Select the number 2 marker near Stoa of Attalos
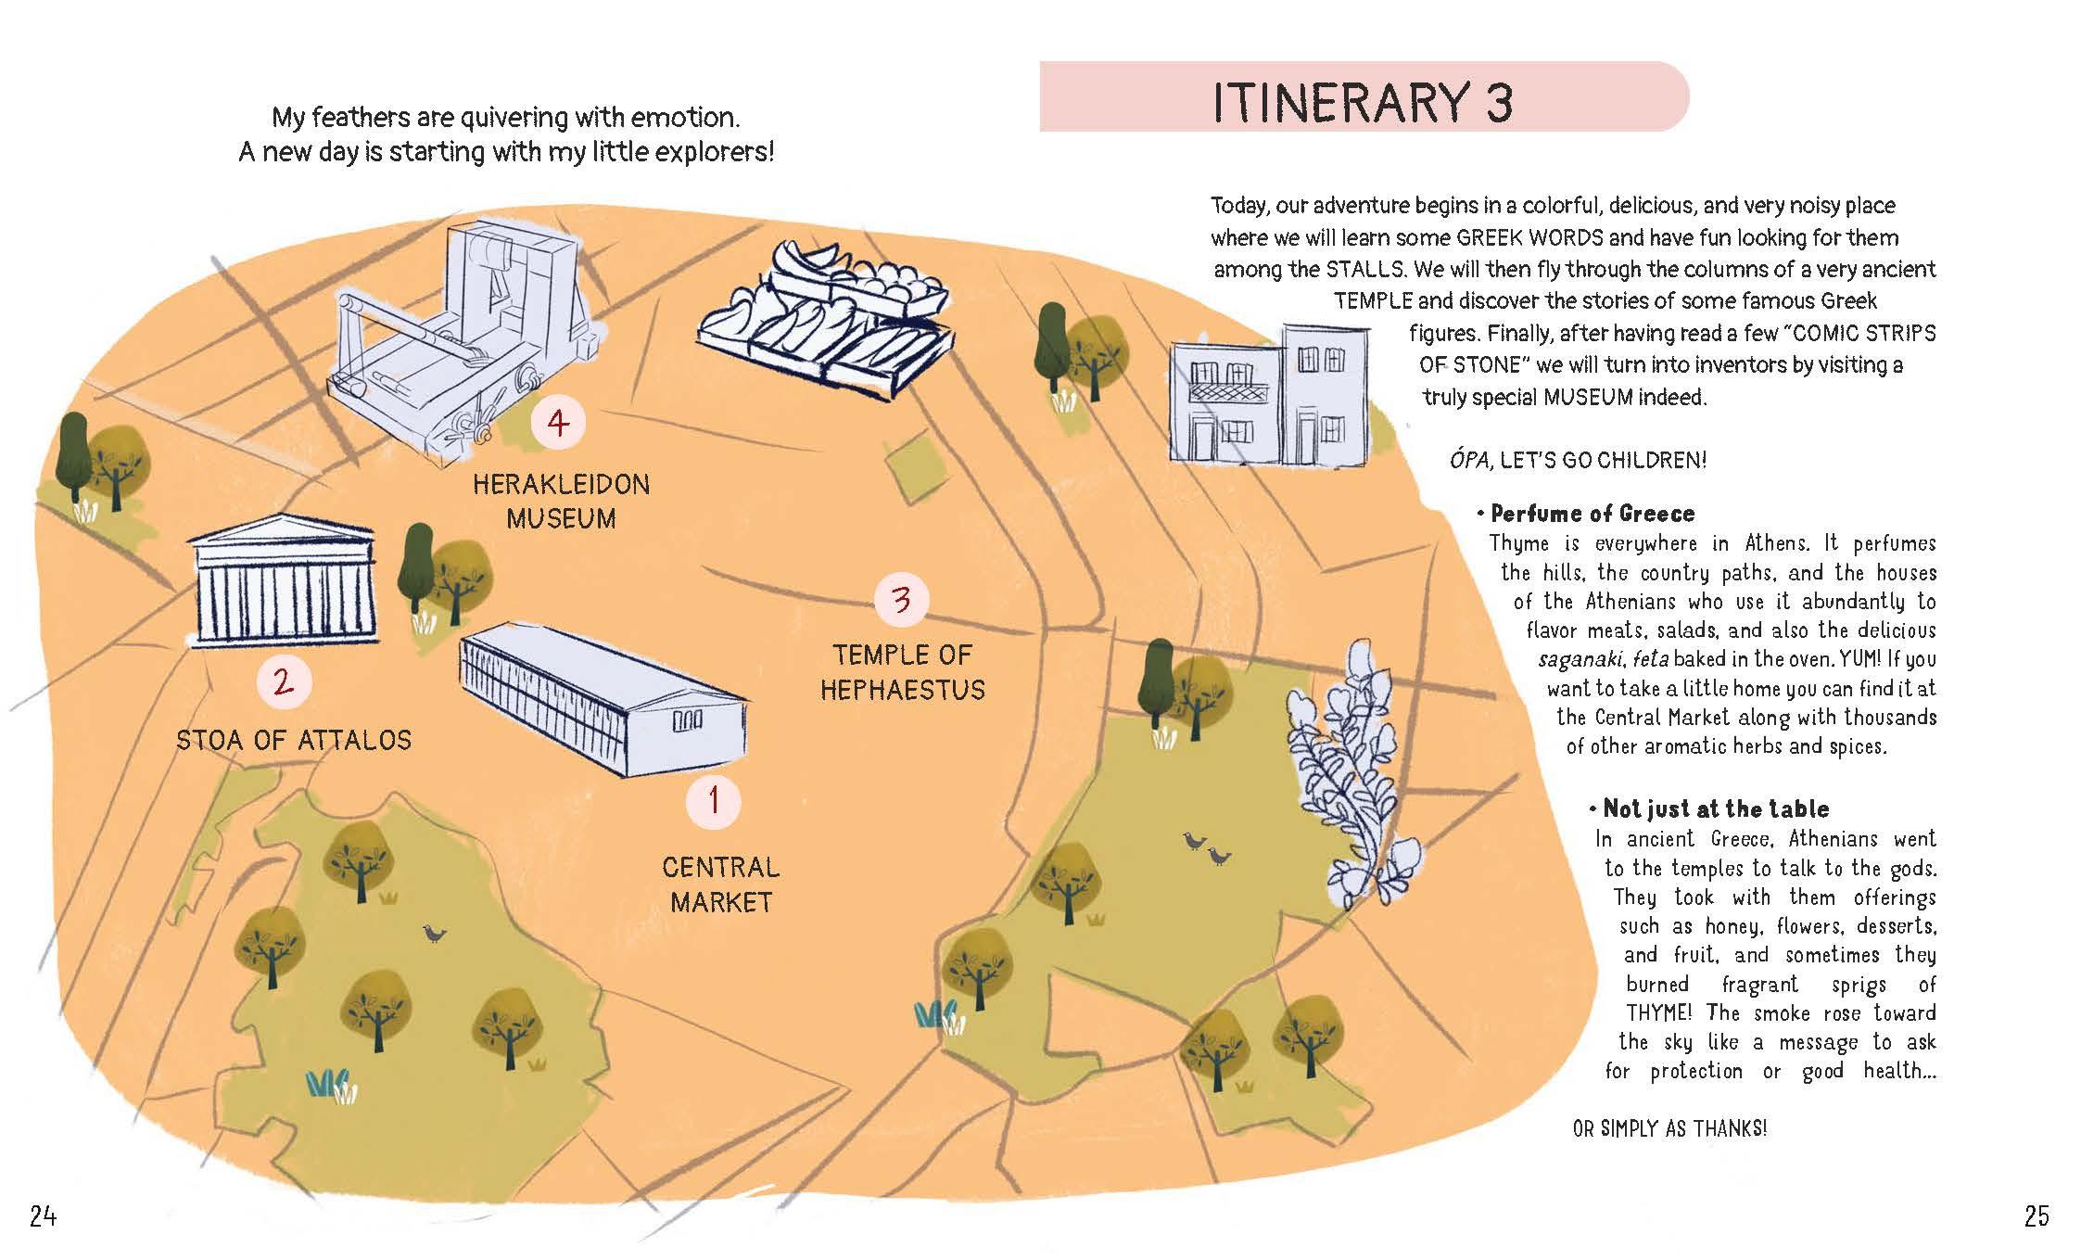[284, 682]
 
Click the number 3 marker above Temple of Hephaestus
[901, 601]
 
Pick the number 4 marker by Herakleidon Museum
[557, 424]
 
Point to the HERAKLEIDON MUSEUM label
[562, 501]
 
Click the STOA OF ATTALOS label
[294, 740]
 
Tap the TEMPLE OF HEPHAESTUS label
[902, 672]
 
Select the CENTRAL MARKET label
[721, 885]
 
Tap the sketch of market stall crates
[825, 315]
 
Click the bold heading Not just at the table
[1715, 809]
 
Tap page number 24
[44, 1215]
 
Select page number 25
[2036, 1215]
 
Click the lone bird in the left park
[433, 934]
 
